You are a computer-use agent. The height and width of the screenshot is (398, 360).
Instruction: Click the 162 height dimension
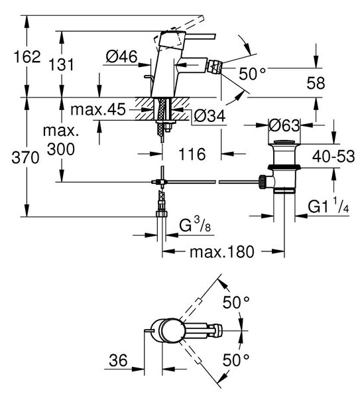click(27, 56)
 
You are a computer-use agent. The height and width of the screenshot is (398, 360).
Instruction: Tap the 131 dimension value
click(61, 64)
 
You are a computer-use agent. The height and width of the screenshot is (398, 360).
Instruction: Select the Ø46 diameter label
click(122, 56)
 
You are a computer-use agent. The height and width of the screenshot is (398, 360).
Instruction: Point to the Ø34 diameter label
click(210, 116)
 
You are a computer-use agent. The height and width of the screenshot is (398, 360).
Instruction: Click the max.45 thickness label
click(98, 109)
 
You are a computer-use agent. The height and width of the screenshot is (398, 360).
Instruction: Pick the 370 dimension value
click(25, 157)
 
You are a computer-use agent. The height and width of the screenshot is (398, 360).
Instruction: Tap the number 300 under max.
click(61, 149)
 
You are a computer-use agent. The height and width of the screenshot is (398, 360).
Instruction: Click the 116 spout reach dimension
click(192, 154)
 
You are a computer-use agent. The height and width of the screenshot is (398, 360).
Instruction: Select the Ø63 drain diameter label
click(284, 125)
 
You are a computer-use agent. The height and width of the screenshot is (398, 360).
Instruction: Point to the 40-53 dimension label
click(333, 156)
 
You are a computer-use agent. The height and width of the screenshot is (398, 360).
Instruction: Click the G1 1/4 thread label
click(329, 206)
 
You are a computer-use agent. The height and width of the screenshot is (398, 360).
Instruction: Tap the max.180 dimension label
click(222, 251)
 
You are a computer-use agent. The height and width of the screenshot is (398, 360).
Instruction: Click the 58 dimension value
click(316, 83)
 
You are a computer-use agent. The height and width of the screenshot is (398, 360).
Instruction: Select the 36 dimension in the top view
click(118, 360)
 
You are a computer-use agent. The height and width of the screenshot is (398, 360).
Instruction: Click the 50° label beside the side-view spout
click(252, 74)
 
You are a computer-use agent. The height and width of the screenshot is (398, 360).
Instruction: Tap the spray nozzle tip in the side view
click(212, 66)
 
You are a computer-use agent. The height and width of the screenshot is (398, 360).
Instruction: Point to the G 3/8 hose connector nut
click(162, 214)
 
